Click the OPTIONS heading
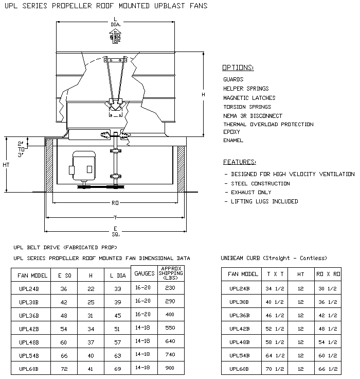pyautogui.click(x=238, y=67)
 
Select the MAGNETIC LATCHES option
pyautogui.click(x=249, y=98)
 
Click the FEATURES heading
pyautogui.click(x=239, y=161)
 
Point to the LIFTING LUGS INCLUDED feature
pyautogui.click(x=264, y=201)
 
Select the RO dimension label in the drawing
pyautogui.click(x=115, y=203)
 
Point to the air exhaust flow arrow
pyautogui.click(x=114, y=37)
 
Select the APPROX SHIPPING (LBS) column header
pyautogui.click(x=170, y=273)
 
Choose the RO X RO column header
pyautogui.click(x=327, y=274)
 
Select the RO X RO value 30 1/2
pyautogui.click(x=327, y=289)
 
